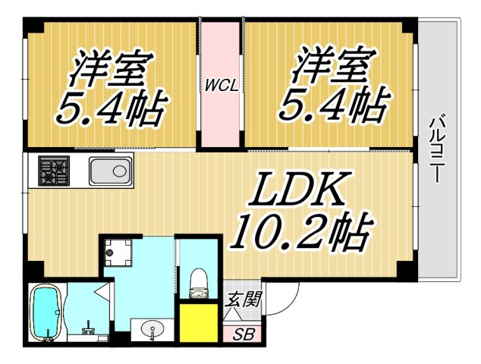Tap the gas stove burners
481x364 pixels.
pyautogui.click(x=54, y=171)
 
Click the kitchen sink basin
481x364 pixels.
pyautogui.click(x=111, y=171)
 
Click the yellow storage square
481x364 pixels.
pyautogui.click(x=200, y=323)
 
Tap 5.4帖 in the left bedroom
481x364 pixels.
pyautogui.click(x=109, y=111)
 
